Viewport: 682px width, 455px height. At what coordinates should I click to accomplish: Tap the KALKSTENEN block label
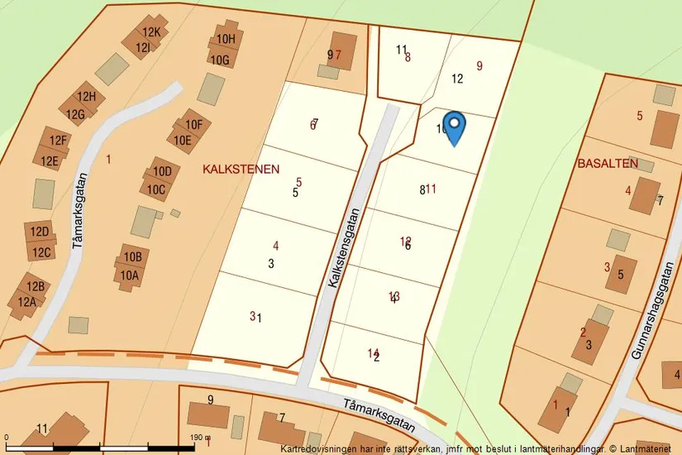241,169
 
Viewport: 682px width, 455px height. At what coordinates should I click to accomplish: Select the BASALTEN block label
608,164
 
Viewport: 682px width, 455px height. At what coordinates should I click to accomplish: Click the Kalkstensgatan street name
345,247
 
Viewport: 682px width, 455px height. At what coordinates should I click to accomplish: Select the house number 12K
150,33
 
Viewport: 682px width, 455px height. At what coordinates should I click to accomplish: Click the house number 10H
226,39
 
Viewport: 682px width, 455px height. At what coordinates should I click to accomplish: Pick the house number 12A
27,302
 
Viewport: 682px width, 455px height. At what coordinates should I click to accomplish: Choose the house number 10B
132,257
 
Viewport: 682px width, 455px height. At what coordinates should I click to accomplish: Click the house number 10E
182,140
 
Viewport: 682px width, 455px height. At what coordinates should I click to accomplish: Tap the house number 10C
156,189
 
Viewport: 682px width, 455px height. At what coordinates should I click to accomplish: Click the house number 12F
58,141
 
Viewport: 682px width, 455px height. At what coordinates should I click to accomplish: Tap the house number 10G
219,60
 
